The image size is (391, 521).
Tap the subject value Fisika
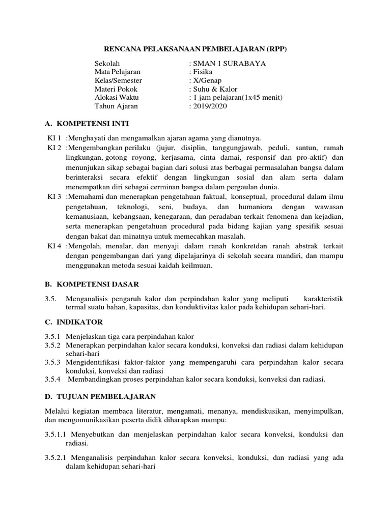pos(202,72)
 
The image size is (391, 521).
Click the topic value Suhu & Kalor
pos(214,89)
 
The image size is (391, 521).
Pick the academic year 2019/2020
pos(209,106)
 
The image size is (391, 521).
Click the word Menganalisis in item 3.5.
pos(86,299)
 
